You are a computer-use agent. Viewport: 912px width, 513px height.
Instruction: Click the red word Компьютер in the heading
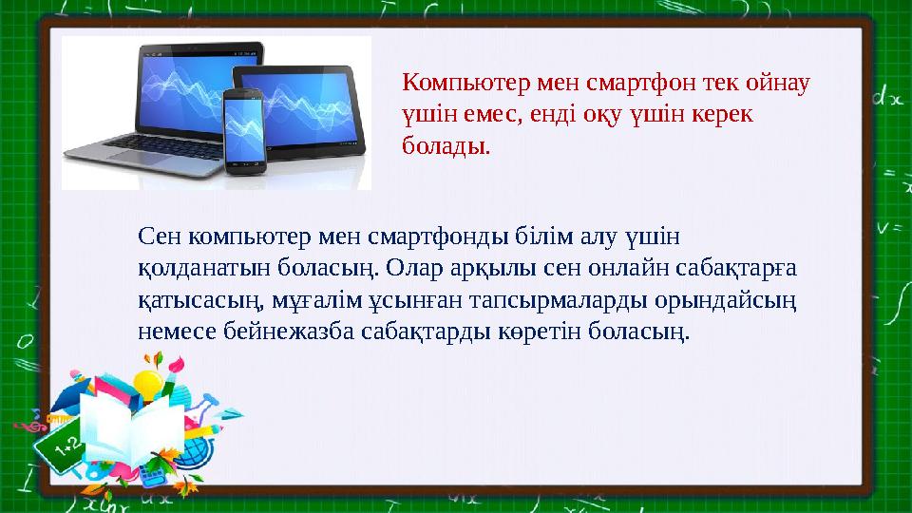[x=465, y=84]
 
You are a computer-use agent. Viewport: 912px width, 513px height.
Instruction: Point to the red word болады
[x=446, y=145]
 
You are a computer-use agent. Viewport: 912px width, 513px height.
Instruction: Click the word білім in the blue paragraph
[x=545, y=237]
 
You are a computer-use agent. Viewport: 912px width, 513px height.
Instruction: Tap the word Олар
[x=410, y=268]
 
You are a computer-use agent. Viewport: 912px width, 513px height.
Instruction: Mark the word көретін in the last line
[x=540, y=332]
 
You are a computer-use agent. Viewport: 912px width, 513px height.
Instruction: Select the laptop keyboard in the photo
[x=162, y=145]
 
